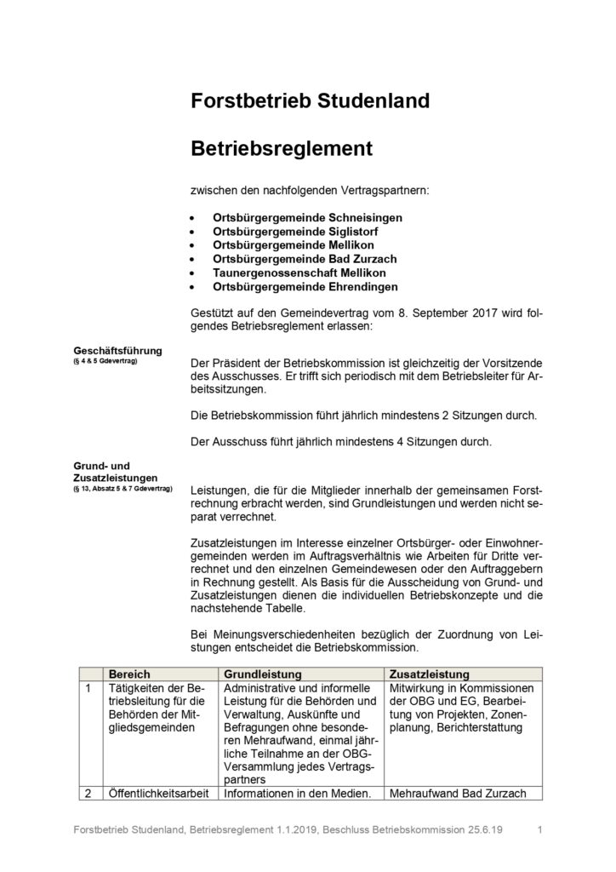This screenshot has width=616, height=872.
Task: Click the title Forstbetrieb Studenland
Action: click(x=310, y=102)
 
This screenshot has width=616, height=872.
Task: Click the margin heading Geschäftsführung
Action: click(x=117, y=350)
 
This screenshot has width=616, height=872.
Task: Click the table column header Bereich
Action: click(x=129, y=673)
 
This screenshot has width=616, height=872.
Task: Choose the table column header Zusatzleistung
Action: click(x=429, y=673)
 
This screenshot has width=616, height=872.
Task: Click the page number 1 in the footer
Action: click(x=541, y=829)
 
